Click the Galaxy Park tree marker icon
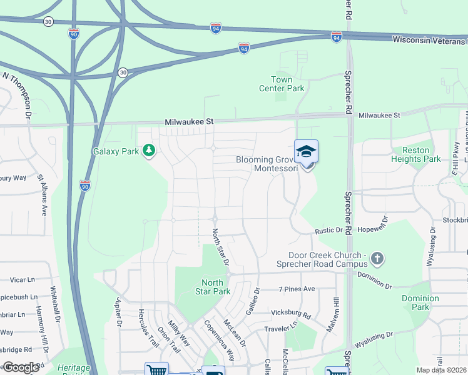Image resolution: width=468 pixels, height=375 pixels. (x=149, y=151)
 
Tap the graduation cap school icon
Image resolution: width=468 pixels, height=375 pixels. (x=306, y=151)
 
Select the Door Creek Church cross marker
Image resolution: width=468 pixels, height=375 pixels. (x=377, y=257)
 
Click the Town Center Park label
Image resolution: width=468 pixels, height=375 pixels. (x=282, y=84)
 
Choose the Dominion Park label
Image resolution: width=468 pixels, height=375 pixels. (x=420, y=302)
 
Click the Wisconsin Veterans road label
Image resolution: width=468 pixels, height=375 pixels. (x=430, y=39)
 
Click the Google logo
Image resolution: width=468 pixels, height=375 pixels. (x=20, y=367)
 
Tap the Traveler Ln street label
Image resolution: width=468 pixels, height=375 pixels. (x=282, y=327)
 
